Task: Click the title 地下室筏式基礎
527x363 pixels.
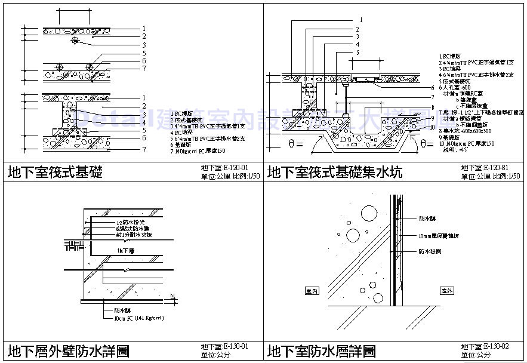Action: click(x=55, y=173)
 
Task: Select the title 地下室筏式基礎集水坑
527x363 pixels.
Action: click(x=335, y=173)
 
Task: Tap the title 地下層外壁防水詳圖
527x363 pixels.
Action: click(x=68, y=350)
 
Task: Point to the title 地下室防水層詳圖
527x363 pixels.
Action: click(x=322, y=350)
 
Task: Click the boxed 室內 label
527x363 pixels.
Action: click(x=312, y=291)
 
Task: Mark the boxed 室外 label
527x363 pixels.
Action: click(x=447, y=291)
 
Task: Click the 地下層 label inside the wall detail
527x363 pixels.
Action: click(x=125, y=251)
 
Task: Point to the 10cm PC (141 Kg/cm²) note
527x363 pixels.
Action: click(x=138, y=318)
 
